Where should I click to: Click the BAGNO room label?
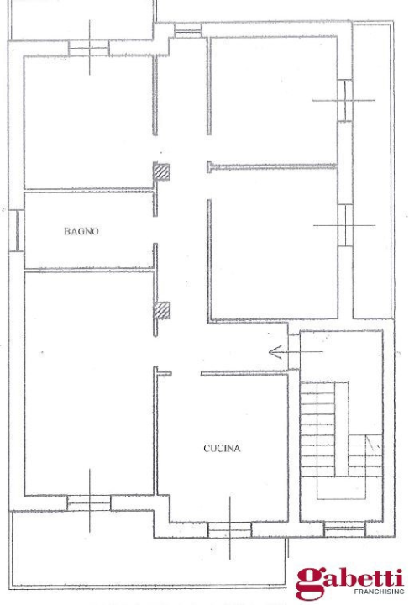pos(81,231)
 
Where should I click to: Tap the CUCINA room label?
pos(222,449)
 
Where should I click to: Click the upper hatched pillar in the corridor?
pos(161,172)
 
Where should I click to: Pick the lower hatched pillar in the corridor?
pos(161,310)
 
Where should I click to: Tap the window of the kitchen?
pos(229,529)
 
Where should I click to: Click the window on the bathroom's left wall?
pos(16,229)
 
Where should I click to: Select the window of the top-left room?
pos(88,50)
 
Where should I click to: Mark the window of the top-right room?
pos(344,100)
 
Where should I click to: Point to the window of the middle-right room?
pos(344,225)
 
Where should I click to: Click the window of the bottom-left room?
pos(89,502)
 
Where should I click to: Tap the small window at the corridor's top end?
pos(188,32)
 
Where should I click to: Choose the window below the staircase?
pos(344,529)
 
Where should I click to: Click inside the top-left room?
pos(88,122)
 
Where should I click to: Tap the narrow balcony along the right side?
pos(372,168)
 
